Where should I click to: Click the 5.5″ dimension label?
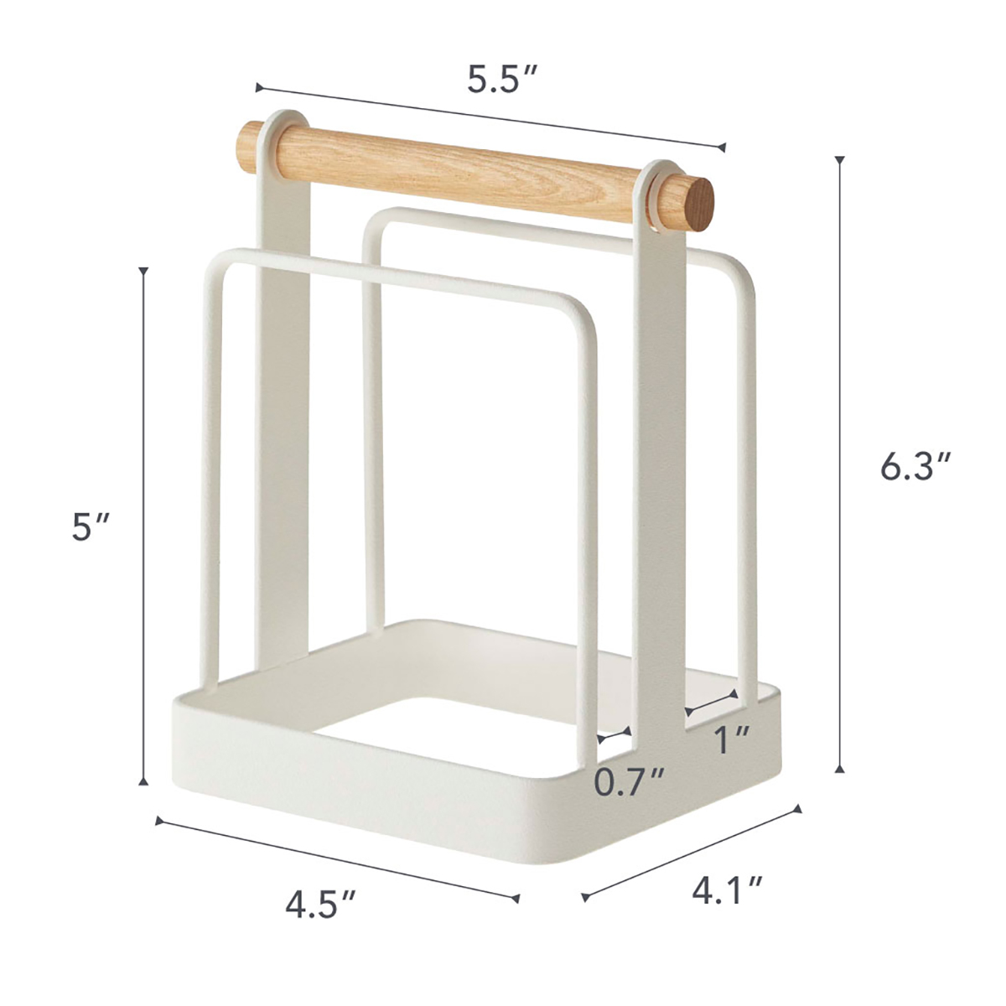[501, 80]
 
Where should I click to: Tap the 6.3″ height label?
[916, 466]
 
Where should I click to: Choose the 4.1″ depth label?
[727, 889]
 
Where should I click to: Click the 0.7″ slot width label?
[630, 782]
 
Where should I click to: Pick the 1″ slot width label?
[731, 739]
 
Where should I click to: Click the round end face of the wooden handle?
[697, 207]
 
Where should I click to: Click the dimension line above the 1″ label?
[712, 703]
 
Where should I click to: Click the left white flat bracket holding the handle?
[283, 377]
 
